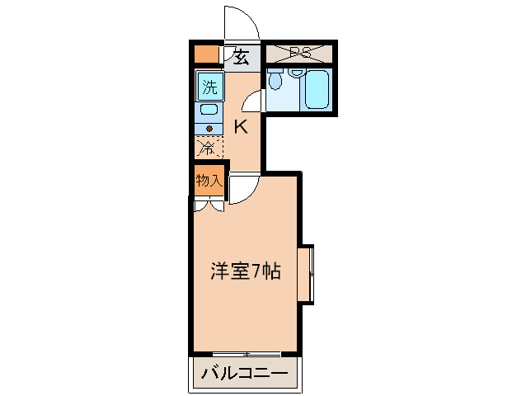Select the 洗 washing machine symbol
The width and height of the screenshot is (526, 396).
tap(209, 86)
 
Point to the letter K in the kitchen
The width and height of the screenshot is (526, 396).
tap(240, 126)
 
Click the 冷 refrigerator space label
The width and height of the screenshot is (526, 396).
tap(209, 148)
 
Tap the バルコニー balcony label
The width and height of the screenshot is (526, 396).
tap(244, 375)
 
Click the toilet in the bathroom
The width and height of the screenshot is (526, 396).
tap(275, 82)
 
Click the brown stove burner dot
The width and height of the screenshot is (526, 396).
tap(209, 128)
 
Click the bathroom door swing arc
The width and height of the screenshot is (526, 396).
tap(254, 101)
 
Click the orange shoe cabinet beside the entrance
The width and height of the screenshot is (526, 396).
tap(206, 56)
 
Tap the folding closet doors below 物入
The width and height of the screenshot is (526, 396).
tap(209, 205)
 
